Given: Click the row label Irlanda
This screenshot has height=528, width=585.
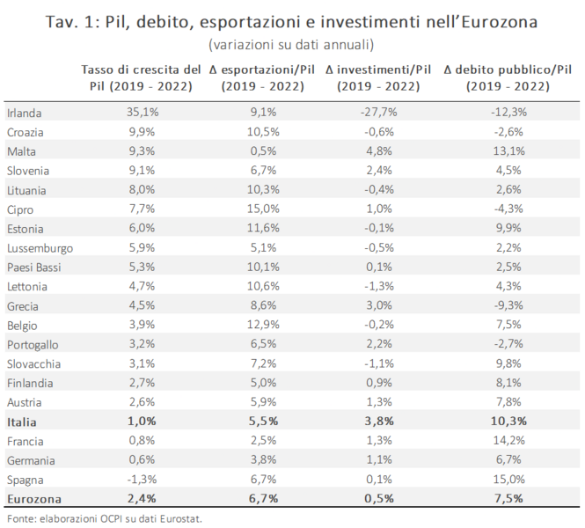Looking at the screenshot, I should coord(25,113).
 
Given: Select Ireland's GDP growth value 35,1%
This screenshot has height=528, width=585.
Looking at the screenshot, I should coord(136,113).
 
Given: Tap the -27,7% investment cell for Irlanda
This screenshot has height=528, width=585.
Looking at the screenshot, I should coord(379,113).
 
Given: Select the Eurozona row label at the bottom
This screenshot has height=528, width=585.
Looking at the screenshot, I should coord(32,498).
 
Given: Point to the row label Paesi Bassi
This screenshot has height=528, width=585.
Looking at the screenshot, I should coord(33,268).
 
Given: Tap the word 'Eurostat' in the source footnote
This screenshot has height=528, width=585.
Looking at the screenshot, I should coord(184,518).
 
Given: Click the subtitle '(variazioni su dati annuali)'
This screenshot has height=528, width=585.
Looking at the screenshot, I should coord(291,44).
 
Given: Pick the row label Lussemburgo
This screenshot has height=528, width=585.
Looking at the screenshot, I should coord(40,248).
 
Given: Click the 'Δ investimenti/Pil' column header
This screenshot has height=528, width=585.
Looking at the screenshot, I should coord(379,77).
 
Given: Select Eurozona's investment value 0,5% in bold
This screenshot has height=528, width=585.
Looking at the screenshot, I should coord(379,498).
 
